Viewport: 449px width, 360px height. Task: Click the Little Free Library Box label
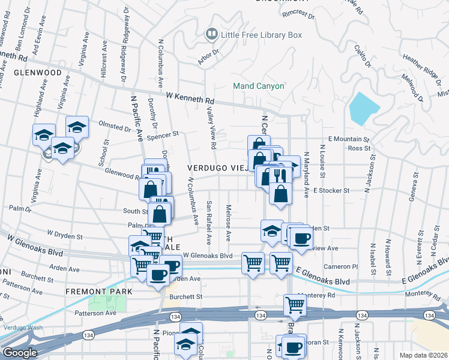(x=261, y=35)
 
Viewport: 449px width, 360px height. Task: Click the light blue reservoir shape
(x=363, y=109)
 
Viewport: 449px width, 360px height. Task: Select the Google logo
(x=20, y=353)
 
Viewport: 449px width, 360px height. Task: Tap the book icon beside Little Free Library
(x=211, y=35)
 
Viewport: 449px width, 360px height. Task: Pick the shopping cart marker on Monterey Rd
(x=295, y=305)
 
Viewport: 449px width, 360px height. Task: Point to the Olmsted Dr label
(x=114, y=127)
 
